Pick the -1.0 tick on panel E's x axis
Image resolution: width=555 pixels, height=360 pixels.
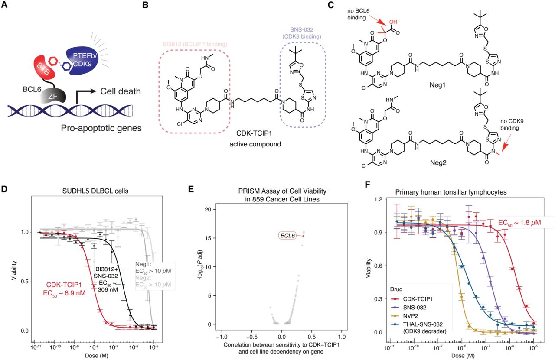[223, 336]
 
